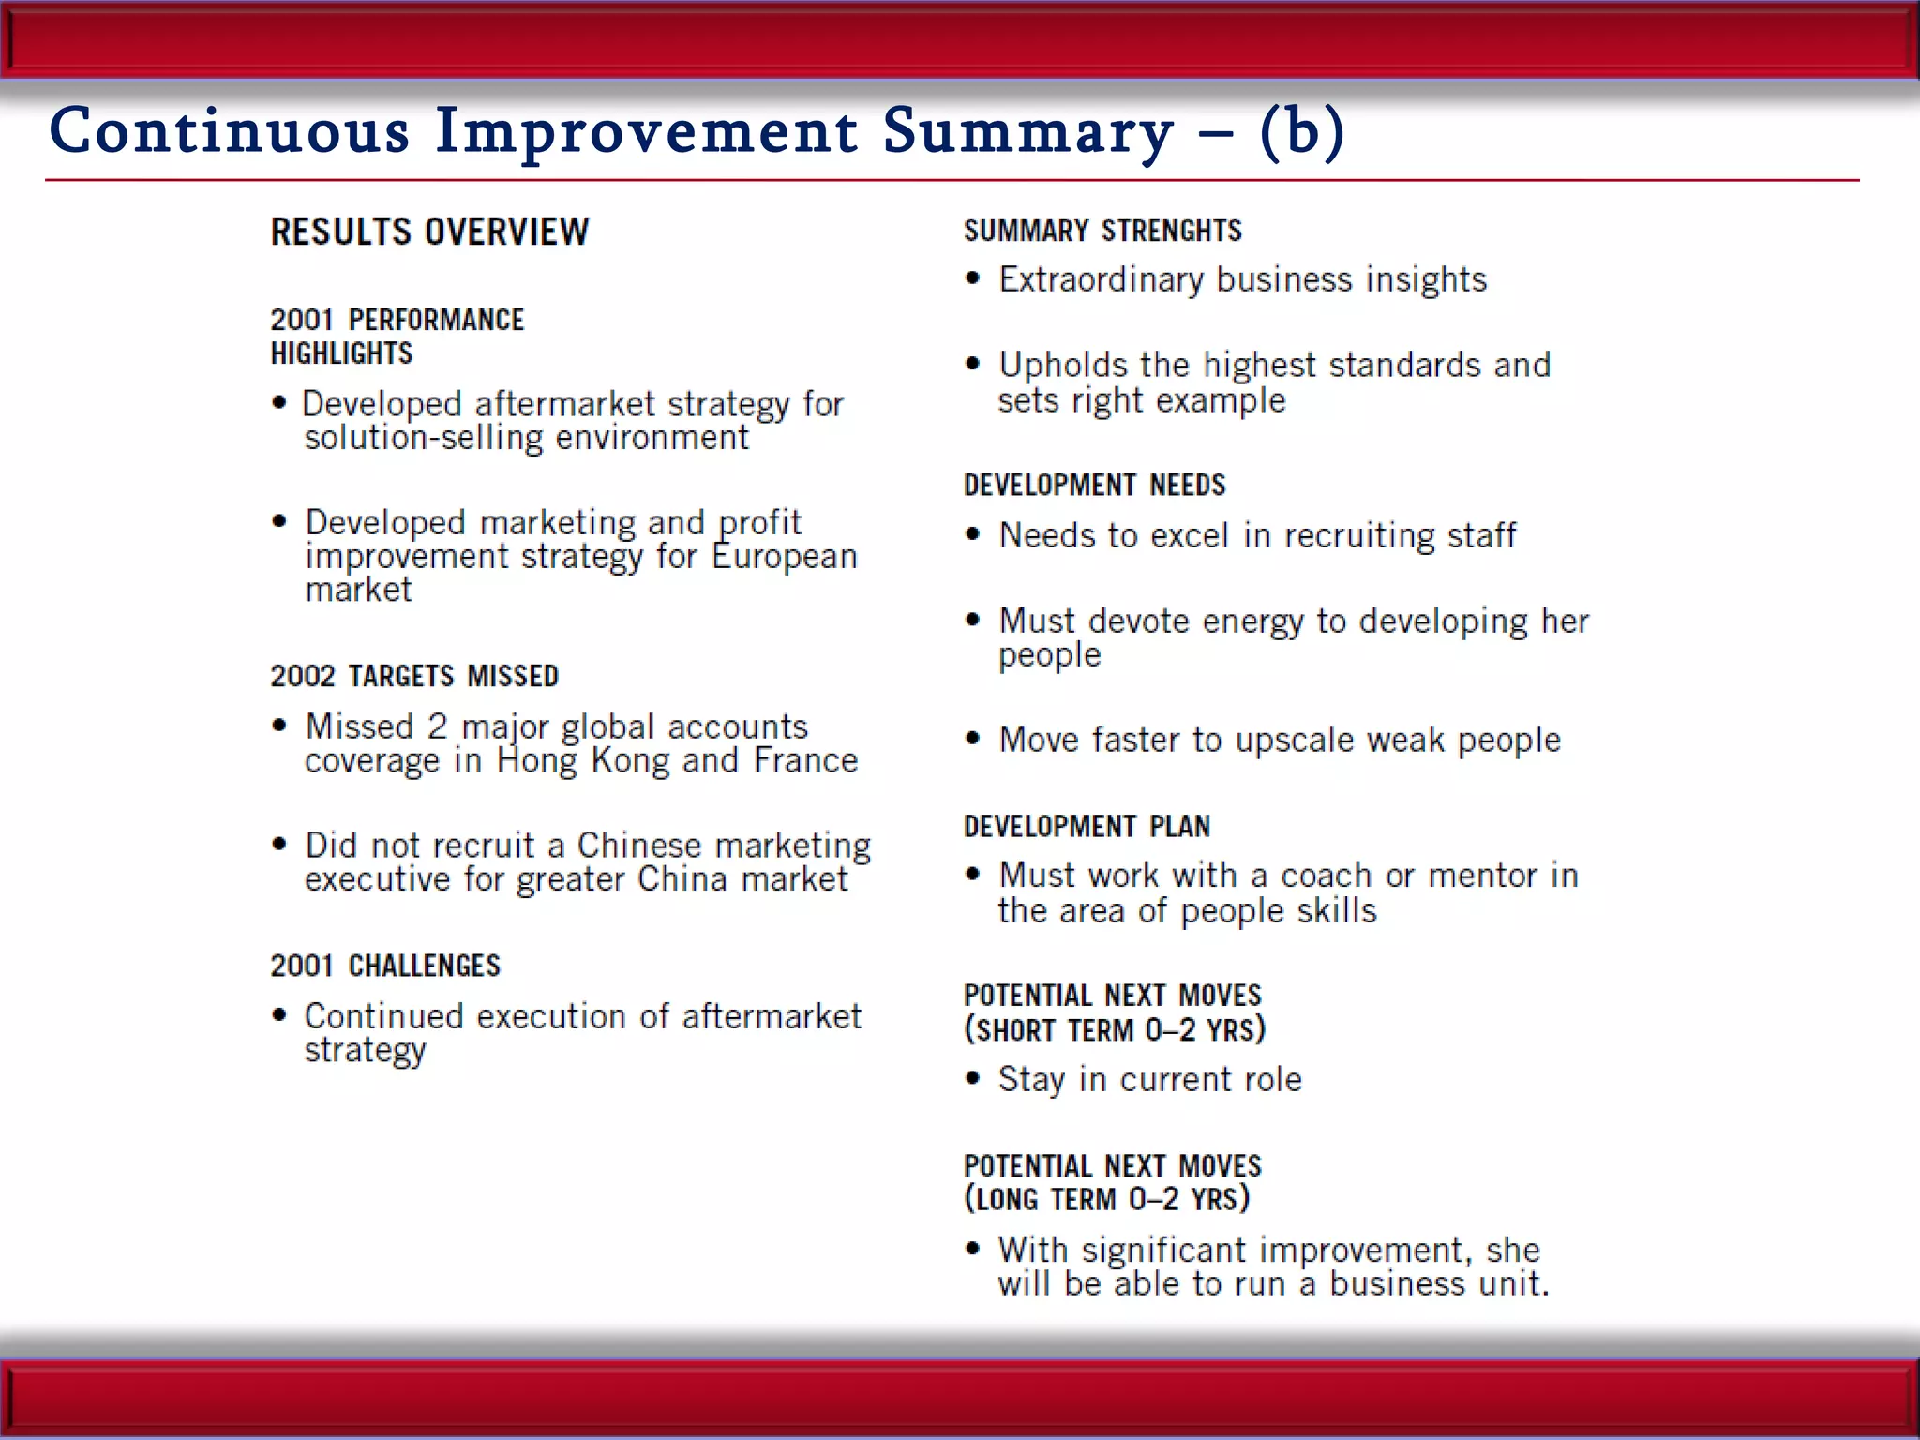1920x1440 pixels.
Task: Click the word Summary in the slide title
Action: [x=1027, y=131]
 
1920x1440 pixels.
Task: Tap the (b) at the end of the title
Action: [x=1302, y=131]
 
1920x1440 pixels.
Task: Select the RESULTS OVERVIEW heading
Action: [x=429, y=232]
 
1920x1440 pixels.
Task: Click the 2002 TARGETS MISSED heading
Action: [x=414, y=676]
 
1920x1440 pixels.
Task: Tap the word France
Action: [x=805, y=760]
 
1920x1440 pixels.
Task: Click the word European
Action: [x=784, y=557]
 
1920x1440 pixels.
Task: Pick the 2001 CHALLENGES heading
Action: [x=385, y=966]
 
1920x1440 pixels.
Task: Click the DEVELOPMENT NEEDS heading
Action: [x=1094, y=485]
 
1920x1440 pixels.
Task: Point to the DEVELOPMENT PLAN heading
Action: [x=1087, y=826]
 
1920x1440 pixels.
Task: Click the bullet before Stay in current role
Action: [x=973, y=1079]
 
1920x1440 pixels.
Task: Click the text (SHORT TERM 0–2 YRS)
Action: [x=1115, y=1029]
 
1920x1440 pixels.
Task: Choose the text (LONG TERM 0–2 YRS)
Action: [x=1106, y=1199]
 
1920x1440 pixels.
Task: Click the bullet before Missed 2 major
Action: [x=279, y=726]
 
